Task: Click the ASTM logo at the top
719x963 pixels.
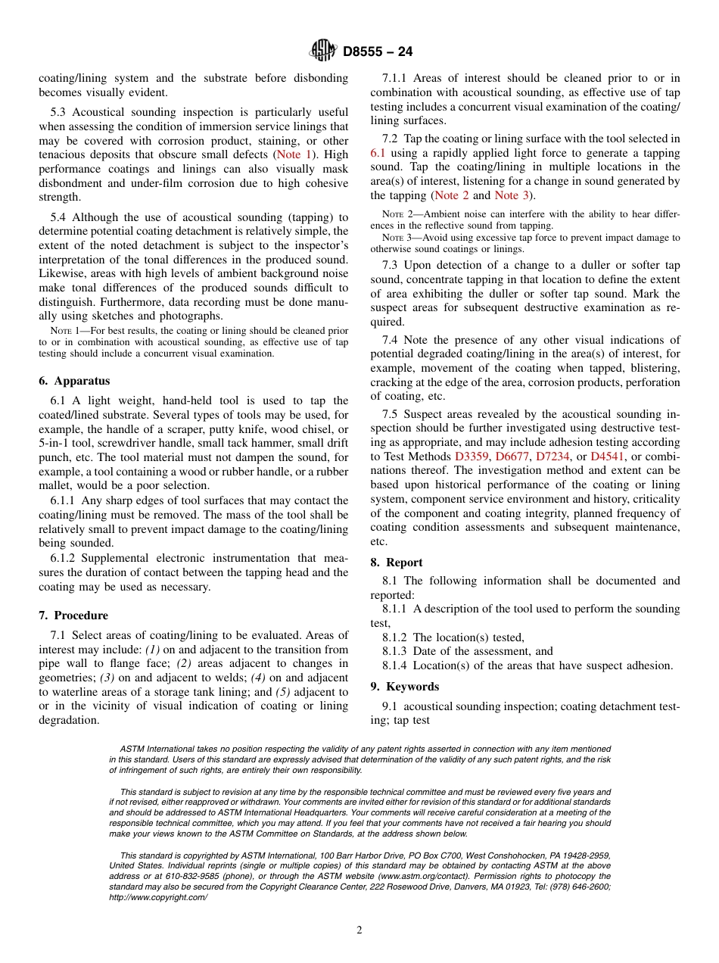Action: (324, 51)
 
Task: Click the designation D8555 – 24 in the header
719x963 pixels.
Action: (378, 52)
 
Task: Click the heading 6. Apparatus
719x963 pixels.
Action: (74, 381)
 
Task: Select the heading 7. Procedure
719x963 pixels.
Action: (73, 616)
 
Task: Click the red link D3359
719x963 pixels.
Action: (472, 457)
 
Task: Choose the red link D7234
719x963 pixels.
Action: (552, 457)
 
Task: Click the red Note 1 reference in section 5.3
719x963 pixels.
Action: (293, 154)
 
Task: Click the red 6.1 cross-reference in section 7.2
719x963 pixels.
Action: (378, 153)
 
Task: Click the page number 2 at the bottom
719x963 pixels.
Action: (359, 930)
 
